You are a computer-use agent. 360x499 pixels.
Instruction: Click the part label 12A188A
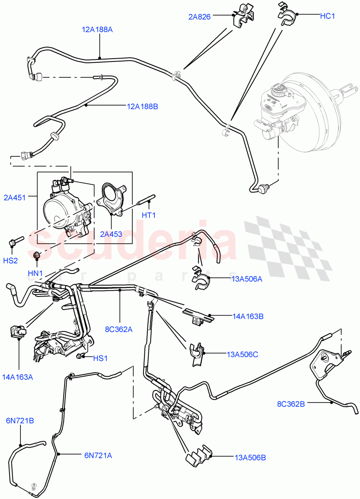pos(97,30)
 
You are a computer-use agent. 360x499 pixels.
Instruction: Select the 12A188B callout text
pos(142,106)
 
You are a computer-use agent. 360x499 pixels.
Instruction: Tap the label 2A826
pos(199,17)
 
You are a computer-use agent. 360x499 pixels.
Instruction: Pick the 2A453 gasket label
pos(111,234)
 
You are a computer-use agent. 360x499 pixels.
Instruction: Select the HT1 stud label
pos(149,215)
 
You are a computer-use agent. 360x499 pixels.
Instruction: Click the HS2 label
pos(10,261)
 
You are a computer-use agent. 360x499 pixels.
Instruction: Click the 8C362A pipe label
pos(119,329)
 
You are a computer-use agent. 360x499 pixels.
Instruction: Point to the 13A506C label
pos(243,355)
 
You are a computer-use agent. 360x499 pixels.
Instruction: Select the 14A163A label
pos(17,377)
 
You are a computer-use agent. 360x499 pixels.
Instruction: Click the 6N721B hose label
pos(20,421)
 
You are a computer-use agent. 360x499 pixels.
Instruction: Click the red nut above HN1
pos(36,255)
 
